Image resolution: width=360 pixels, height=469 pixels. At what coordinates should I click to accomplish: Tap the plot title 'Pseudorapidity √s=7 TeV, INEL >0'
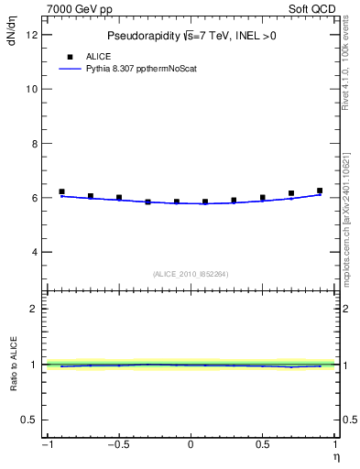pyautogui.click(x=191, y=36)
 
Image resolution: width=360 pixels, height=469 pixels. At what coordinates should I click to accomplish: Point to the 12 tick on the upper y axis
pyautogui.click(x=31, y=35)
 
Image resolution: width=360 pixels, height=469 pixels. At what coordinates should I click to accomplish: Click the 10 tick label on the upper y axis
pyautogui.click(x=31, y=89)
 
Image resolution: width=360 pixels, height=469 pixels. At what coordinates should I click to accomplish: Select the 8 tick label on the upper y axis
pyautogui.click(x=34, y=144)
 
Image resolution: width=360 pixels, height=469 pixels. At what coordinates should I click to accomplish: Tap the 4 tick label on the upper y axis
pyautogui.click(x=34, y=252)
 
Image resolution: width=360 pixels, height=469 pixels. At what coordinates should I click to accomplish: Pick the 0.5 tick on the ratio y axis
pyautogui.click(x=30, y=420)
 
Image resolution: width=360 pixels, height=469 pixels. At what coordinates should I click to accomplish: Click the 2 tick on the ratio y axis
pyautogui.click(x=34, y=309)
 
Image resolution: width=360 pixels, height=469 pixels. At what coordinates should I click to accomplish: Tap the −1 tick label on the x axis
pyautogui.click(x=46, y=445)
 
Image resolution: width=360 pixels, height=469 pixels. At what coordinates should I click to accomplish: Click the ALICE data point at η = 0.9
pyautogui.click(x=319, y=191)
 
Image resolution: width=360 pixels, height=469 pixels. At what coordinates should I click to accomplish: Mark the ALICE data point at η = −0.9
pyautogui.click(x=61, y=191)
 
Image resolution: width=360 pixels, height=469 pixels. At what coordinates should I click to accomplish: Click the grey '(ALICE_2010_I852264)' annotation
pyautogui.click(x=190, y=274)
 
